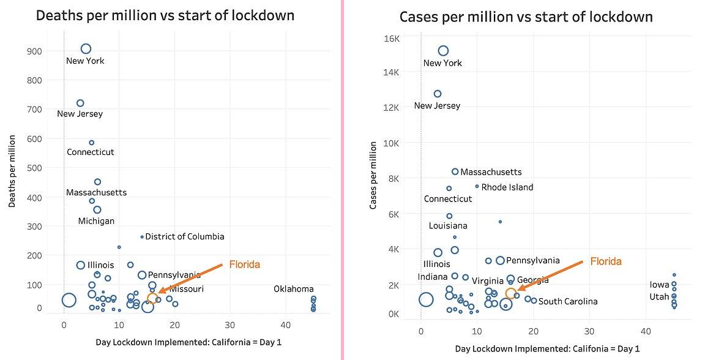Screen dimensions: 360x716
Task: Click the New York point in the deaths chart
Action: tap(86, 49)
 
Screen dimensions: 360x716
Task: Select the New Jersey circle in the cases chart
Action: tap(438, 94)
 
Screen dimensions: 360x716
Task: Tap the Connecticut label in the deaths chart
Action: tap(91, 152)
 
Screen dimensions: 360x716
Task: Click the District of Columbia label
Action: tap(185, 236)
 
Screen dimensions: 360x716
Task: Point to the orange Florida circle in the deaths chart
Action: tap(152, 299)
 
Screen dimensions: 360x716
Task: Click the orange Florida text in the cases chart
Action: tap(606, 261)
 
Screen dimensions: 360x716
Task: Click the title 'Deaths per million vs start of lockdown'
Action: tap(165, 15)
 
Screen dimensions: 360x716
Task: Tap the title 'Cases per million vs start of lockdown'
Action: tap(526, 17)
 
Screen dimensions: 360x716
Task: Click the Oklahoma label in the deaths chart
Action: tap(294, 289)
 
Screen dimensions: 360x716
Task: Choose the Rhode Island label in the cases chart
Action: tap(507, 187)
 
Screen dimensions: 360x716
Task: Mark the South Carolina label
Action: tap(568, 301)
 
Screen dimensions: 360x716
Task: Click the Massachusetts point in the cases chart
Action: tap(455, 172)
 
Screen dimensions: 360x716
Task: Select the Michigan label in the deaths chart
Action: tap(96, 221)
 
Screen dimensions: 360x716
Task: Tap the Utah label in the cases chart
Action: tap(659, 297)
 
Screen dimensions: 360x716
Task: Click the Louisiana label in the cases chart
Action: tap(448, 226)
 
